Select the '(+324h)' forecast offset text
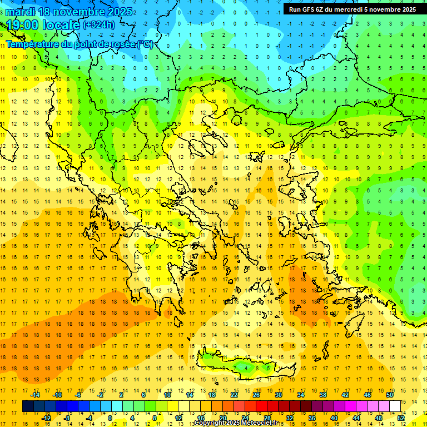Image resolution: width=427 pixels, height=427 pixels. [x=99, y=25]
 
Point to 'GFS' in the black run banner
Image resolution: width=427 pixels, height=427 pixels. [x=309, y=9]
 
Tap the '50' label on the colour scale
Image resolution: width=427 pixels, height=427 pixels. [x=389, y=394]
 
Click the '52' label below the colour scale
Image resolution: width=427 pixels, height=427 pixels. [x=401, y=418]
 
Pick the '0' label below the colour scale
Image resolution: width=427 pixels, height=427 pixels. [x=110, y=418]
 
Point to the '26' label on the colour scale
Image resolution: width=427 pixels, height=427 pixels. [x=256, y=394]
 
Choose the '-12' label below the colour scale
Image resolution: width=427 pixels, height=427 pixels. [x=46, y=418]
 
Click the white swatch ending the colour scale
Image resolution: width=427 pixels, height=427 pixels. [x=395, y=406]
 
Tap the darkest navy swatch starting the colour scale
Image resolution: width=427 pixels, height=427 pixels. [x=28, y=406]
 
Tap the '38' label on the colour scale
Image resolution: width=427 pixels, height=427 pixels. [x=323, y=394]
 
